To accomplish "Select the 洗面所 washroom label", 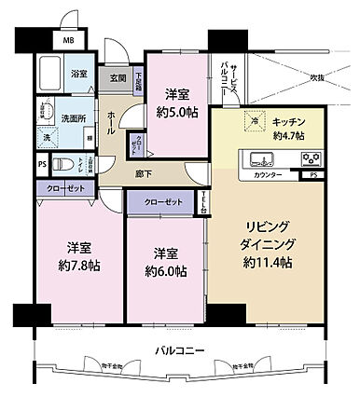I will (75, 118).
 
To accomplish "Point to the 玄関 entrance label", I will (118, 79).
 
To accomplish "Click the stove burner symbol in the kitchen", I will (311, 157).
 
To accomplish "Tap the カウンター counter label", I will (267, 174).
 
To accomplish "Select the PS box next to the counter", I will (312, 174).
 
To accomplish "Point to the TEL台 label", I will (202, 201).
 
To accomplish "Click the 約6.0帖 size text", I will (165, 271).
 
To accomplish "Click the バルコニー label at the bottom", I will (179, 350).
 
